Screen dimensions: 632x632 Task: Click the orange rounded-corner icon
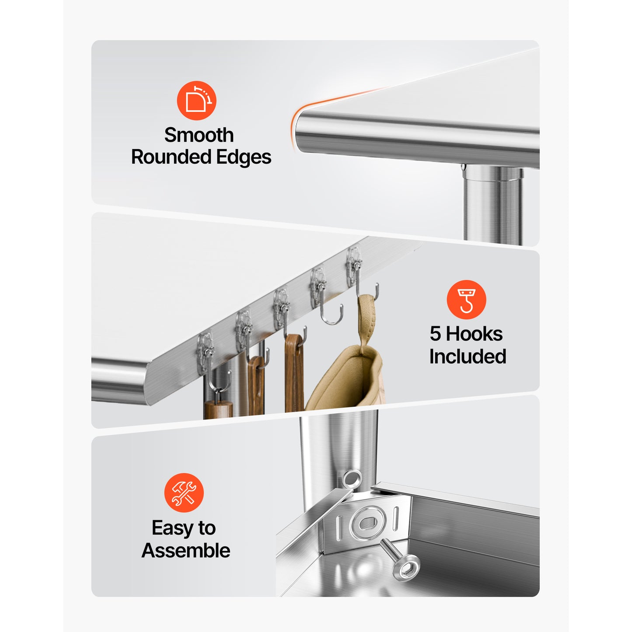click(x=196, y=100)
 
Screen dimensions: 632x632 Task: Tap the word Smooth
click(x=199, y=135)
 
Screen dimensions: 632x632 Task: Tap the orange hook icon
click(x=466, y=300)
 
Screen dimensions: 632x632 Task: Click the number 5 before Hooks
click(x=435, y=334)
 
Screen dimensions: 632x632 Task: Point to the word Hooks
click(x=474, y=334)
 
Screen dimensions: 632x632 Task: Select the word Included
click(x=468, y=356)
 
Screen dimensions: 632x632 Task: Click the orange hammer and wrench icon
click(x=184, y=492)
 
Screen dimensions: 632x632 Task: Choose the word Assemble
click(x=186, y=550)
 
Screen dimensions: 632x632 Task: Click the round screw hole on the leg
click(x=352, y=479)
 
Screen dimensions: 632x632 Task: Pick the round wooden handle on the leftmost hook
click(x=218, y=409)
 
